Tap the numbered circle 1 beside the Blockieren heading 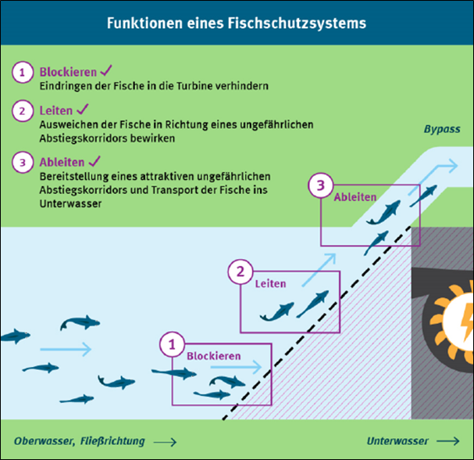pyautogui.click(x=23, y=72)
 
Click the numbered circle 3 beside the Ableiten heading pyautogui.click(x=23, y=162)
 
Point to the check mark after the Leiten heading pyautogui.click(x=81, y=111)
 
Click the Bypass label pyautogui.click(x=442, y=129)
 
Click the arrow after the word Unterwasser pyautogui.click(x=448, y=440)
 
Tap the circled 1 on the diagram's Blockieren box pyautogui.click(x=173, y=343)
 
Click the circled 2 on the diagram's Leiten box pyautogui.click(x=240, y=272)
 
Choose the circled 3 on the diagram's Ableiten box pyautogui.click(x=319, y=186)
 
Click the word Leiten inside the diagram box pyautogui.click(x=270, y=283)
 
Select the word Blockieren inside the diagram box pyautogui.click(x=213, y=355)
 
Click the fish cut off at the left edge pyautogui.click(x=14, y=336)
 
